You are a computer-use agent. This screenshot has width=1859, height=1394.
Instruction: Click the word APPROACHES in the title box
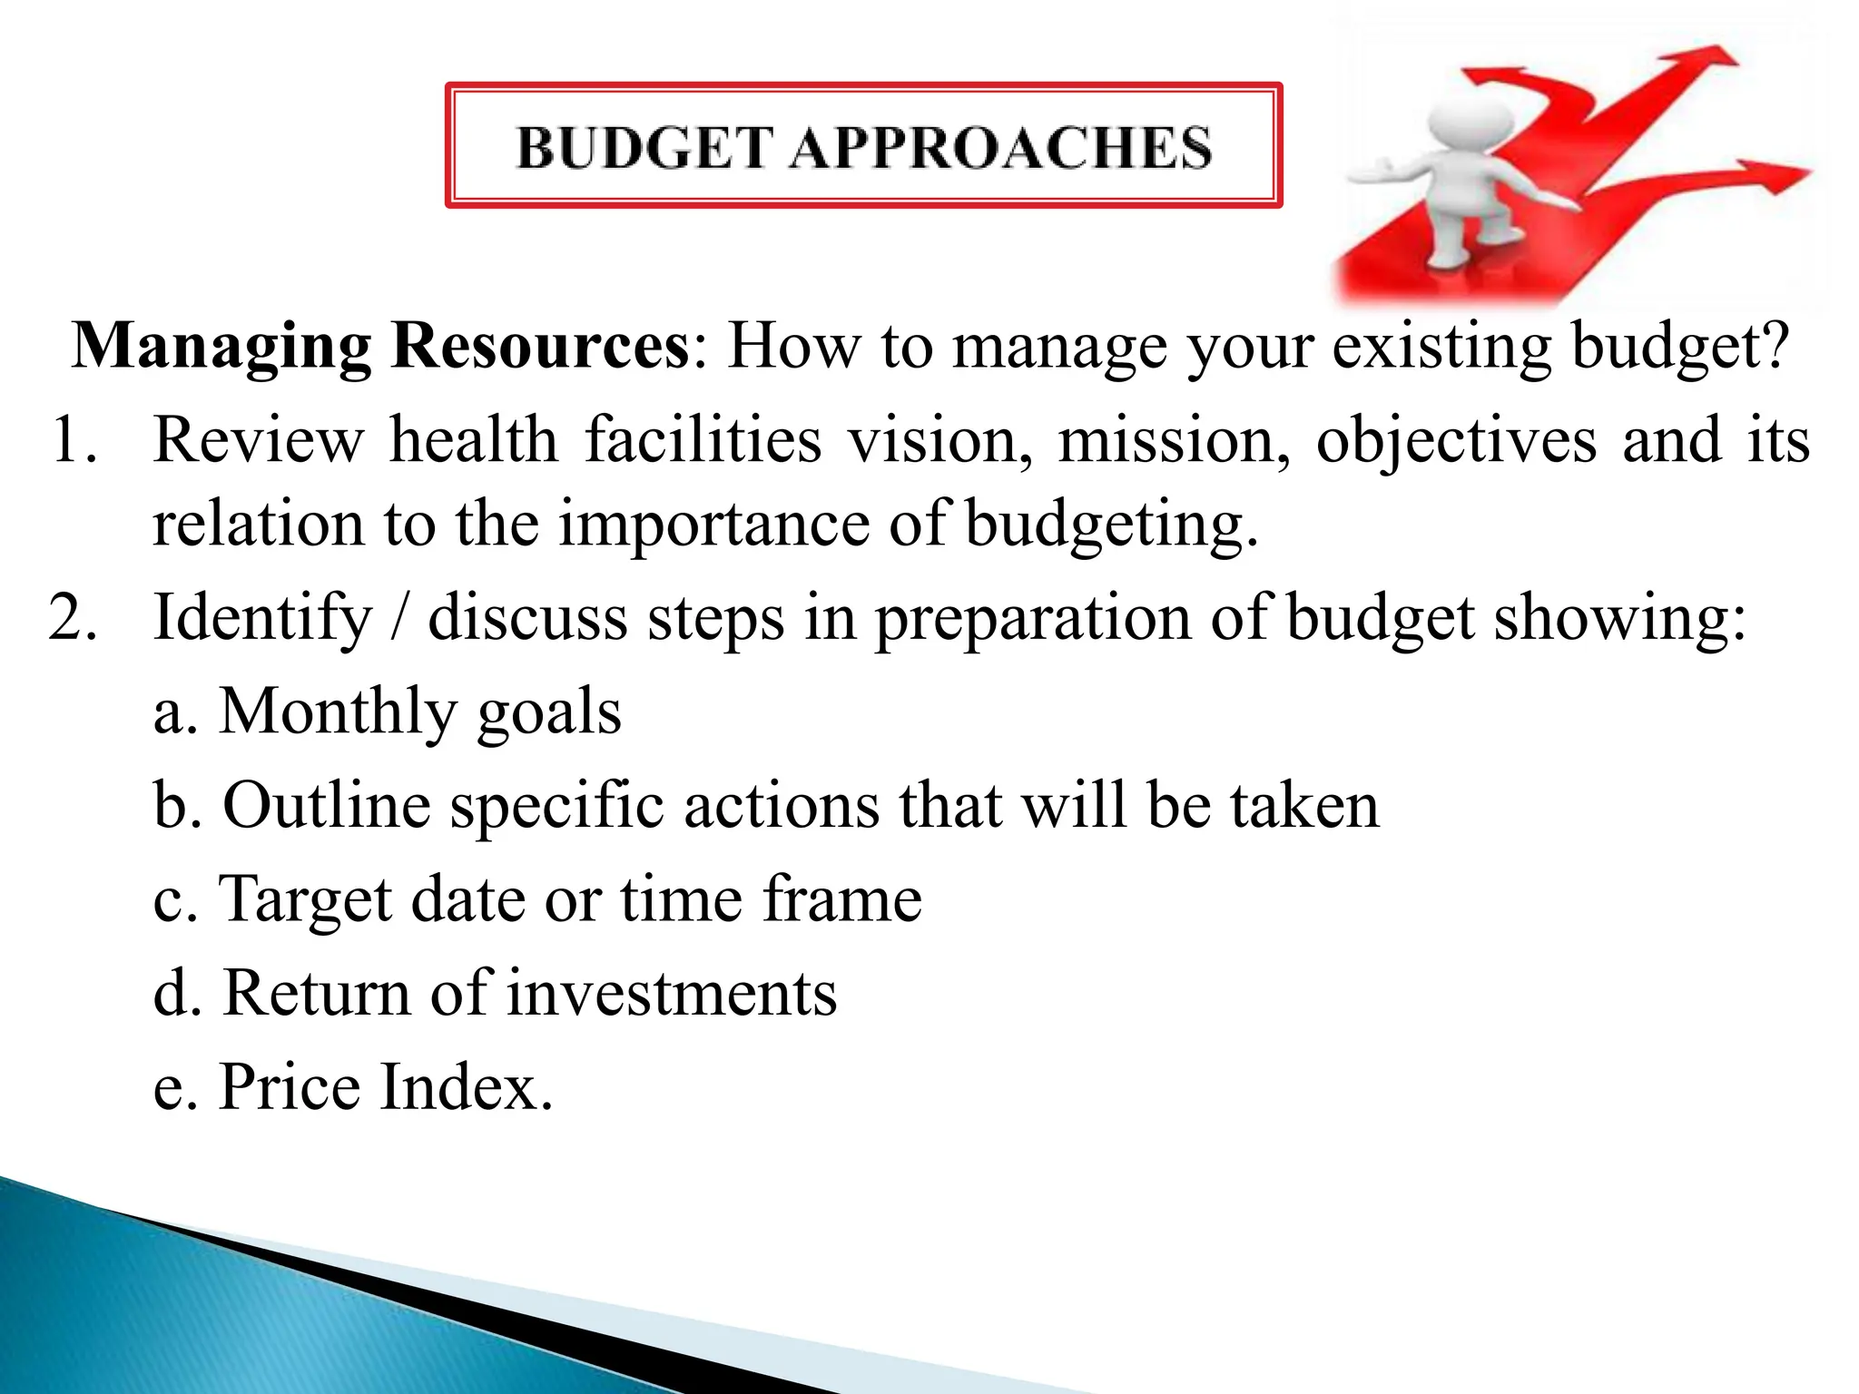pos(999,148)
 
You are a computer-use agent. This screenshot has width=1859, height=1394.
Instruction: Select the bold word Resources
pos(539,347)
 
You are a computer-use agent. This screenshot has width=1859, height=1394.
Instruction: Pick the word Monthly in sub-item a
pos(336,712)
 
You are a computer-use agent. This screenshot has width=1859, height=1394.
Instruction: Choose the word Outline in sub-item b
pos(326,806)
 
